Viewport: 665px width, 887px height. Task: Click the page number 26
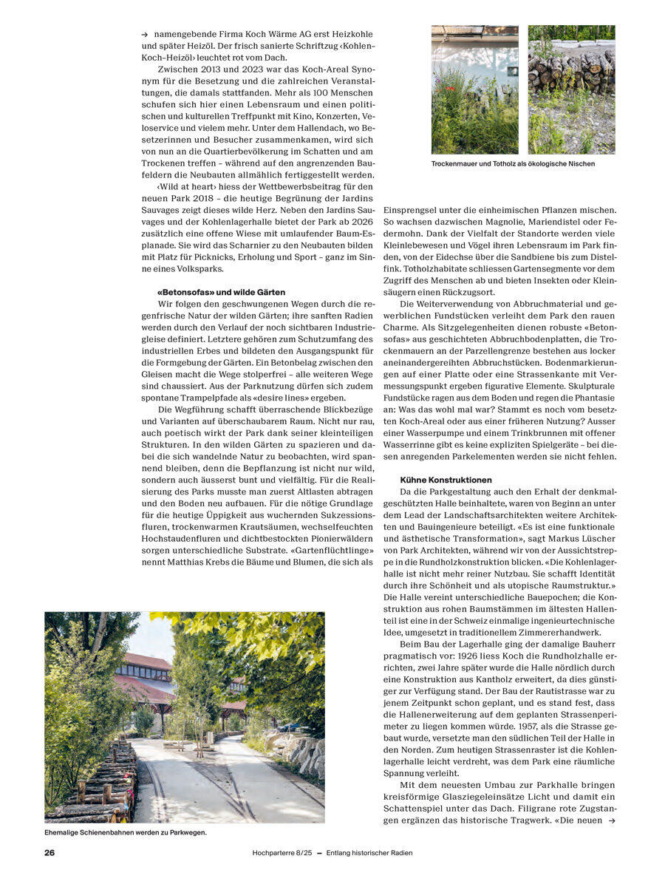pyautogui.click(x=50, y=852)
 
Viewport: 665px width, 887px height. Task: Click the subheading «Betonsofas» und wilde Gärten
pyautogui.click(x=221, y=292)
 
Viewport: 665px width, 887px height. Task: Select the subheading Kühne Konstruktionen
pyautogui.click(x=446, y=480)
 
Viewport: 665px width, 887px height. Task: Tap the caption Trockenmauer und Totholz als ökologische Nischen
pyautogui.click(x=513, y=163)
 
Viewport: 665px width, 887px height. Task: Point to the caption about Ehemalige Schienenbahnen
pyautogui.click(x=126, y=832)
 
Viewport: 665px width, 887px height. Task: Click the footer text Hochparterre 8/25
pyautogui.click(x=283, y=852)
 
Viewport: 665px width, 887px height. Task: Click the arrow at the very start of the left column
pyautogui.click(x=144, y=34)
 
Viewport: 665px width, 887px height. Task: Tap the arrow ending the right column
pyautogui.click(x=610, y=821)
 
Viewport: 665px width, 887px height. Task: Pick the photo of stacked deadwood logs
pyautogui.click(x=571, y=89)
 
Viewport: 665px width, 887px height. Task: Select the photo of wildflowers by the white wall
pyautogui.click(x=474, y=89)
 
